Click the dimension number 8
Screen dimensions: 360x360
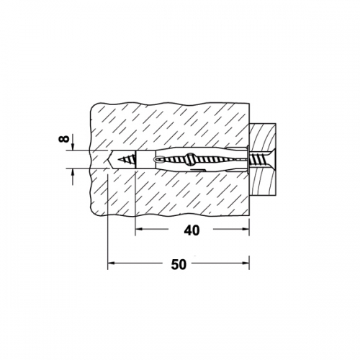pos(64,138)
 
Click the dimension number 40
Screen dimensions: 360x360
pos(192,230)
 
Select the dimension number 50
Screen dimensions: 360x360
pos(179,264)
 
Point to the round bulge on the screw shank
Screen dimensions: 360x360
pos(190,159)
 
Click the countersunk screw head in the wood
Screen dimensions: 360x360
pos(271,159)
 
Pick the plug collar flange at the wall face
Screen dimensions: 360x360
pos(248,158)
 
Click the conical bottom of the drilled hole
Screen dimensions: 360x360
pos(109,160)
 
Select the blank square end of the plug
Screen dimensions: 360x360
pos(145,160)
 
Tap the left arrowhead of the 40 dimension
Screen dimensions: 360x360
pos(138,229)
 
